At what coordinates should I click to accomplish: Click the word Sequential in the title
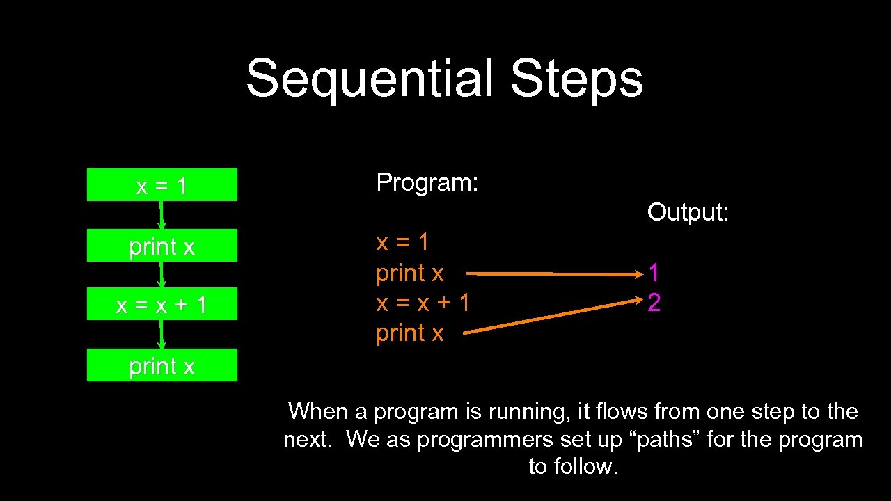pos(370,78)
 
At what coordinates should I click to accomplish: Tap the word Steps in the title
pos(576,78)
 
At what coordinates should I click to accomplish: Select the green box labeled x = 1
pos(161,185)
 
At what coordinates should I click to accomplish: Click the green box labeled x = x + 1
pos(161,304)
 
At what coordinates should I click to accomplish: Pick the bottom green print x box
pos(161,365)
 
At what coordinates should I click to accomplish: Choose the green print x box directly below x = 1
pos(161,246)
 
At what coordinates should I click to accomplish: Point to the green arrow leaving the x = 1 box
pos(161,215)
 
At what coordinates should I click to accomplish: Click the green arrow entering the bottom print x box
pos(161,335)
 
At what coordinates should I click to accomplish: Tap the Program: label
pos(427,182)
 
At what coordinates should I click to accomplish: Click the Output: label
pos(688,212)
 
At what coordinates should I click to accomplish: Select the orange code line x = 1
pos(402,243)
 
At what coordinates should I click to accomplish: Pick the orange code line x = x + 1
pos(423,303)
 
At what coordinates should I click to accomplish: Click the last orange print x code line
pos(409,333)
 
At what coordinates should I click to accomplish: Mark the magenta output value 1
pos(654,273)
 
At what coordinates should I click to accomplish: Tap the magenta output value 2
pos(654,303)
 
